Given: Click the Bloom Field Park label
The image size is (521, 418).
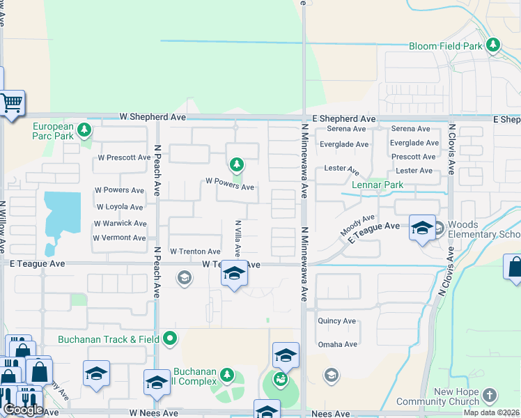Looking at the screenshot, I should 446,46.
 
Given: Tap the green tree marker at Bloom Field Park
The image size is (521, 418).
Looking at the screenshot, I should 493,45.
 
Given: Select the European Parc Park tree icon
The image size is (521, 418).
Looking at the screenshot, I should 84,130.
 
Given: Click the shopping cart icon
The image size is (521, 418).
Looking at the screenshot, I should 12,104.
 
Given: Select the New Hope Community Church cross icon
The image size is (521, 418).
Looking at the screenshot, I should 490,395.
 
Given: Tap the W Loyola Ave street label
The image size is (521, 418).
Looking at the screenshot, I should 120,207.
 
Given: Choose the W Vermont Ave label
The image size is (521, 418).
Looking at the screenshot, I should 119,238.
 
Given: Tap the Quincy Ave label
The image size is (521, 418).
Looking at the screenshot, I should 337,321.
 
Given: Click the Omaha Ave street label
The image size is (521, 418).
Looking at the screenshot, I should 338,344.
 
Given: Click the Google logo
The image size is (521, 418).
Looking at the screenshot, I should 22,409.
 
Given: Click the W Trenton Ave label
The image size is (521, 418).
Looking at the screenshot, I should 195,251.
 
